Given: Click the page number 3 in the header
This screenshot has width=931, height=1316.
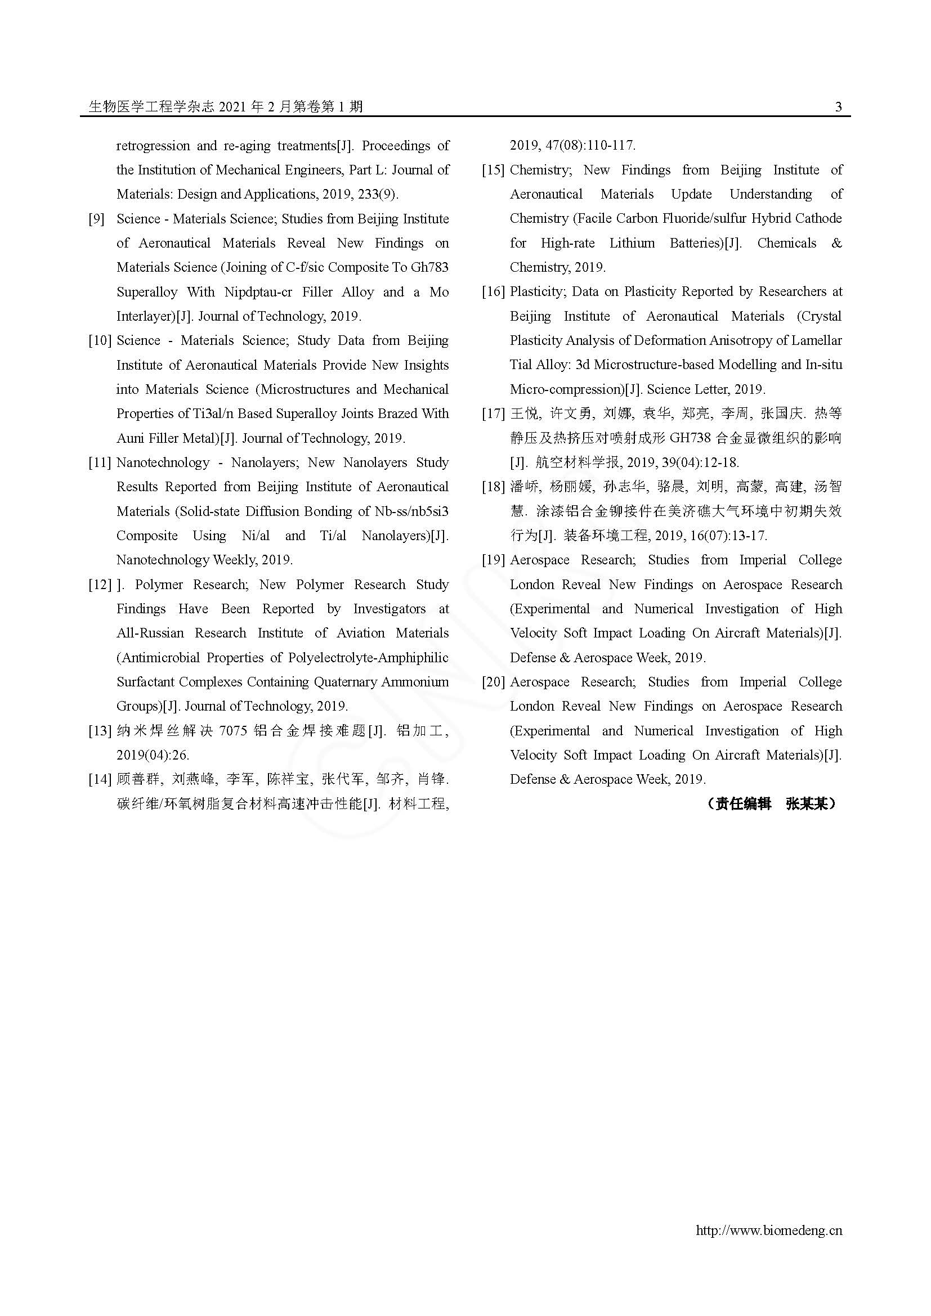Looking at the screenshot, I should point(838,106).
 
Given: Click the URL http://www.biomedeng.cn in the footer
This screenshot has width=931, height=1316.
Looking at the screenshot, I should point(769,1230).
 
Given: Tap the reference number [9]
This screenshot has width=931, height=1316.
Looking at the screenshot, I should point(96,219).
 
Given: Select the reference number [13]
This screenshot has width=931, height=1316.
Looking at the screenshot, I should point(100,731).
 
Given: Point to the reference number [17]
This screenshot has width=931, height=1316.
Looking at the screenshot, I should point(493,414).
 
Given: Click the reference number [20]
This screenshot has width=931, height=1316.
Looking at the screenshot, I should point(493,682).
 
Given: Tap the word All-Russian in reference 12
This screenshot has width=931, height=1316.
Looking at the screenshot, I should point(150,634).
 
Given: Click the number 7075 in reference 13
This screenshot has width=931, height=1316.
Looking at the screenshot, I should point(233,731).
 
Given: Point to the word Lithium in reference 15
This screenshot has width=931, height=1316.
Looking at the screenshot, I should point(632,243).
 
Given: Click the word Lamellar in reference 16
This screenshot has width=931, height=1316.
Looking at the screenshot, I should point(817,340).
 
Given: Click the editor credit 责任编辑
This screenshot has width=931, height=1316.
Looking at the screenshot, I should point(743,804).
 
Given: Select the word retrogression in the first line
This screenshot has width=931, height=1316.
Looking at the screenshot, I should point(153,146).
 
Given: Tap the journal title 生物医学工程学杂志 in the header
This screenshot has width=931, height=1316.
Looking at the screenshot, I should point(151,106).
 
